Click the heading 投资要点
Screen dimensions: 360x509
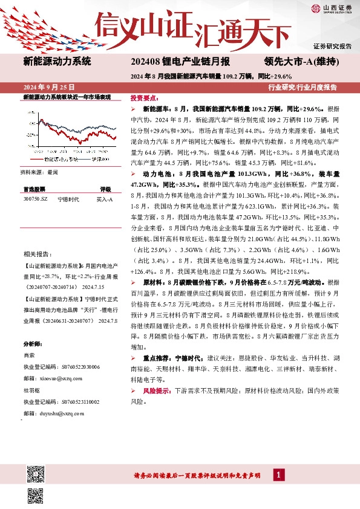coord(143,97)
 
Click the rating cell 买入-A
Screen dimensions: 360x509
coord(105,198)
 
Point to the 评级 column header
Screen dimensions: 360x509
coord(105,189)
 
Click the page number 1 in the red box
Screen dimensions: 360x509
coord(278,476)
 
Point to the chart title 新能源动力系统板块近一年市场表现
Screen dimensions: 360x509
coord(67,97)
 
